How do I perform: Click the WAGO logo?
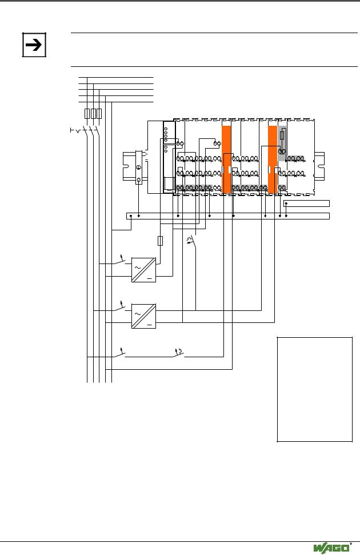pyautogui.click(x=331, y=548)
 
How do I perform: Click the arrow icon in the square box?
pyautogui.click(x=34, y=45)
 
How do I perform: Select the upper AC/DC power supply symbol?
pyautogui.click(x=144, y=270)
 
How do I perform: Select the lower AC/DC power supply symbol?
pyautogui.click(x=144, y=316)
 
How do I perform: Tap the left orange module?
pyautogui.click(x=226, y=159)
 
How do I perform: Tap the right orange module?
pyautogui.click(x=272, y=159)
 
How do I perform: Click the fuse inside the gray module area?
pyautogui.click(x=282, y=135)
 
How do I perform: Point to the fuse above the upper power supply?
pyautogui.click(x=160, y=241)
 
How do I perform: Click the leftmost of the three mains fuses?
pyautogui.click(x=87, y=114)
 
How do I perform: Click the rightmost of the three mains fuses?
pyautogui.click(x=99, y=114)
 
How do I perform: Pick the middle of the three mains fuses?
pyautogui.click(x=93, y=114)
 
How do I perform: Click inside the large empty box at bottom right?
pyautogui.click(x=315, y=389)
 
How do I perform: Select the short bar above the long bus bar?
pyautogui.click(x=306, y=203)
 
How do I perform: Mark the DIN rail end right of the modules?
pyautogui.click(x=319, y=166)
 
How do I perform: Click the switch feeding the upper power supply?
pyautogui.click(x=119, y=261)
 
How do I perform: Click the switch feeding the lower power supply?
pyautogui.click(x=119, y=308)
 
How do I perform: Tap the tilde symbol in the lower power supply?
pyautogui.click(x=137, y=314)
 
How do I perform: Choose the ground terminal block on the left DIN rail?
pyautogui.click(x=139, y=167)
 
